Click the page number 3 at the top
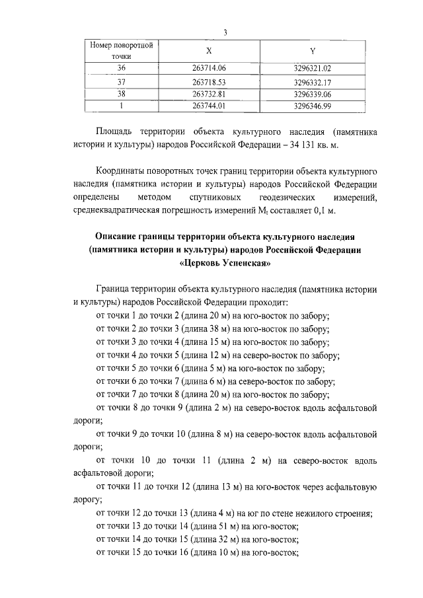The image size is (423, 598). click(225, 34)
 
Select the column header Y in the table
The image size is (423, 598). click(312, 51)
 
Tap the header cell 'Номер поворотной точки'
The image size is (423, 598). click(122, 51)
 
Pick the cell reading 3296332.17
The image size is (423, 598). click(312, 82)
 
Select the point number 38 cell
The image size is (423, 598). click(121, 94)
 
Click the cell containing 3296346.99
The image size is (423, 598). click(312, 105)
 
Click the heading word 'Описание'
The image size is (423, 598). click(120, 237)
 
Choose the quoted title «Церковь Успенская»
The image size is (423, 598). click(225, 262)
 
